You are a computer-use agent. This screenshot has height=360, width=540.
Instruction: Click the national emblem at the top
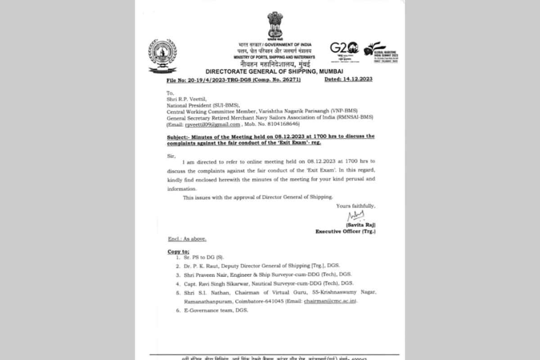[x=274, y=26]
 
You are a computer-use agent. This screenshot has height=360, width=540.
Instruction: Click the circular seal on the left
[x=162, y=55]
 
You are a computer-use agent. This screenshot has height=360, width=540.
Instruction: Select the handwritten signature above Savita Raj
[x=355, y=216]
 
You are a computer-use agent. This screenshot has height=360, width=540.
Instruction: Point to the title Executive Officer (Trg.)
[x=345, y=231]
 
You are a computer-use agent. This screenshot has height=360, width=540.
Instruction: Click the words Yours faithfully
[x=355, y=206]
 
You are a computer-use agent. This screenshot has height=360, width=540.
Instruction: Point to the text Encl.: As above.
[x=187, y=239]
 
